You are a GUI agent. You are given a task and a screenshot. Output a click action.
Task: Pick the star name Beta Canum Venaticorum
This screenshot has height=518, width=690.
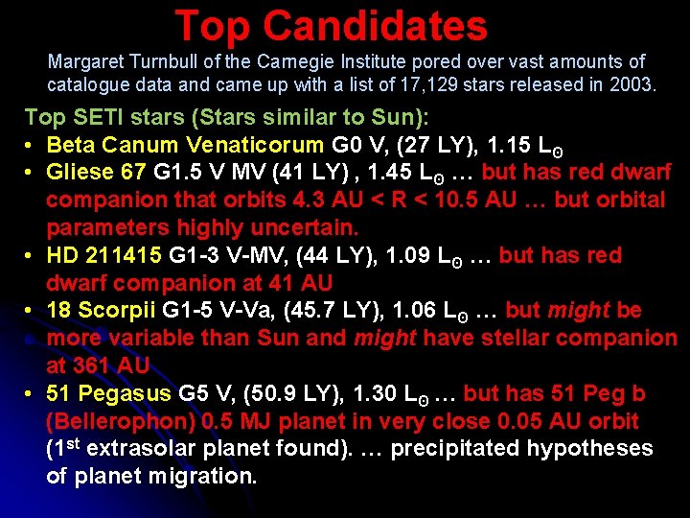186,146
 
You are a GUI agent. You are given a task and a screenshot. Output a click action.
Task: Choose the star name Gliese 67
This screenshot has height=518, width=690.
95,173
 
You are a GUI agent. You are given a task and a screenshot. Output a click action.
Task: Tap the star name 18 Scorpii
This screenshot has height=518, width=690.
103,311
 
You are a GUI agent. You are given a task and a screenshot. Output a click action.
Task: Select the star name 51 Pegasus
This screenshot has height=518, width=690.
109,394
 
